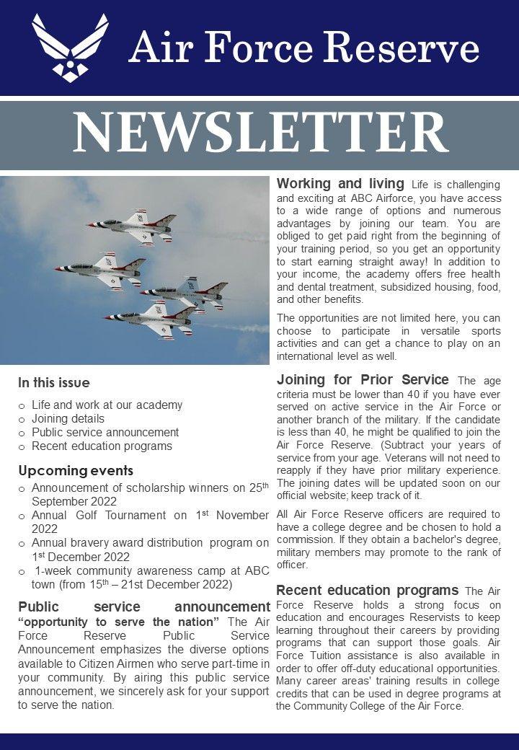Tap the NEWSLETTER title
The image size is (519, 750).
click(x=259, y=134)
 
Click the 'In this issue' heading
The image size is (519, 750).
click(x=54, y=383)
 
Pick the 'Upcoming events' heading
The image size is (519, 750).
click(x=76, y=471)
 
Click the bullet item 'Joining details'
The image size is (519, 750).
click(x=68, y=418)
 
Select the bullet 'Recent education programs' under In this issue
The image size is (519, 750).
click(x=102, y=446)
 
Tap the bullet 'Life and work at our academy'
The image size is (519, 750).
click(x=107, y=405)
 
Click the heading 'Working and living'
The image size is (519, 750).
click(x=340, y=184)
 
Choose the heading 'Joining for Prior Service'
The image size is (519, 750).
click(x=363, y=379)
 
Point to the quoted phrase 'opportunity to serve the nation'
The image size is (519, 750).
click(x=119, y=622)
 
